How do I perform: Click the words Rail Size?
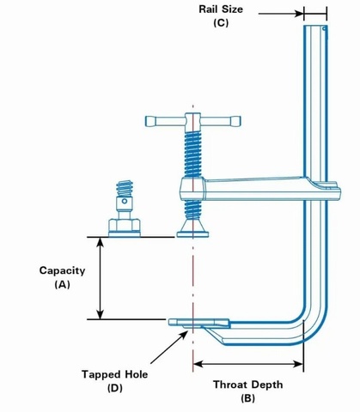[x=221, y=9]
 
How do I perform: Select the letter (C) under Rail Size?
[x=221, y=23]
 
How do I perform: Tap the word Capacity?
[x=62, y=270]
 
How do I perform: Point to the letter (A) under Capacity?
[x=62, y=284]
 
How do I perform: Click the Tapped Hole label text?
[x=114, y=374]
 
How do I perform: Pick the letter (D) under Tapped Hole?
[x=114, y=388]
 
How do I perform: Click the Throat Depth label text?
[x=247, y=385]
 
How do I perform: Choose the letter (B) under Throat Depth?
[x=247, y=398]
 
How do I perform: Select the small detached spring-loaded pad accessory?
[x=125, y=210]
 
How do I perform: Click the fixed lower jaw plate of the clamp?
[x=199, y=323]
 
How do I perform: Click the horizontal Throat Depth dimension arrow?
[x=248, y=364]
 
